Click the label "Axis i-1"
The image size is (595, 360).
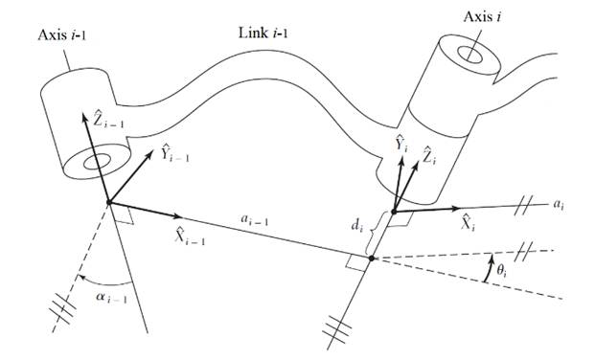tap(62, 35)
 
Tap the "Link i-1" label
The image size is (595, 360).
tap(263, 33)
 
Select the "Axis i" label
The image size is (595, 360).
tap(482, 17)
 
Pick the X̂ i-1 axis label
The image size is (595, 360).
tap(190, 236)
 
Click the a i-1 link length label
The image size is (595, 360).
tap(254, 219)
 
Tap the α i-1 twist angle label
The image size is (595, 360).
tap(111, 298)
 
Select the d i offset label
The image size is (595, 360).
tap(355, 225)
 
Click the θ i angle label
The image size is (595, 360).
tap(501, 271)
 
